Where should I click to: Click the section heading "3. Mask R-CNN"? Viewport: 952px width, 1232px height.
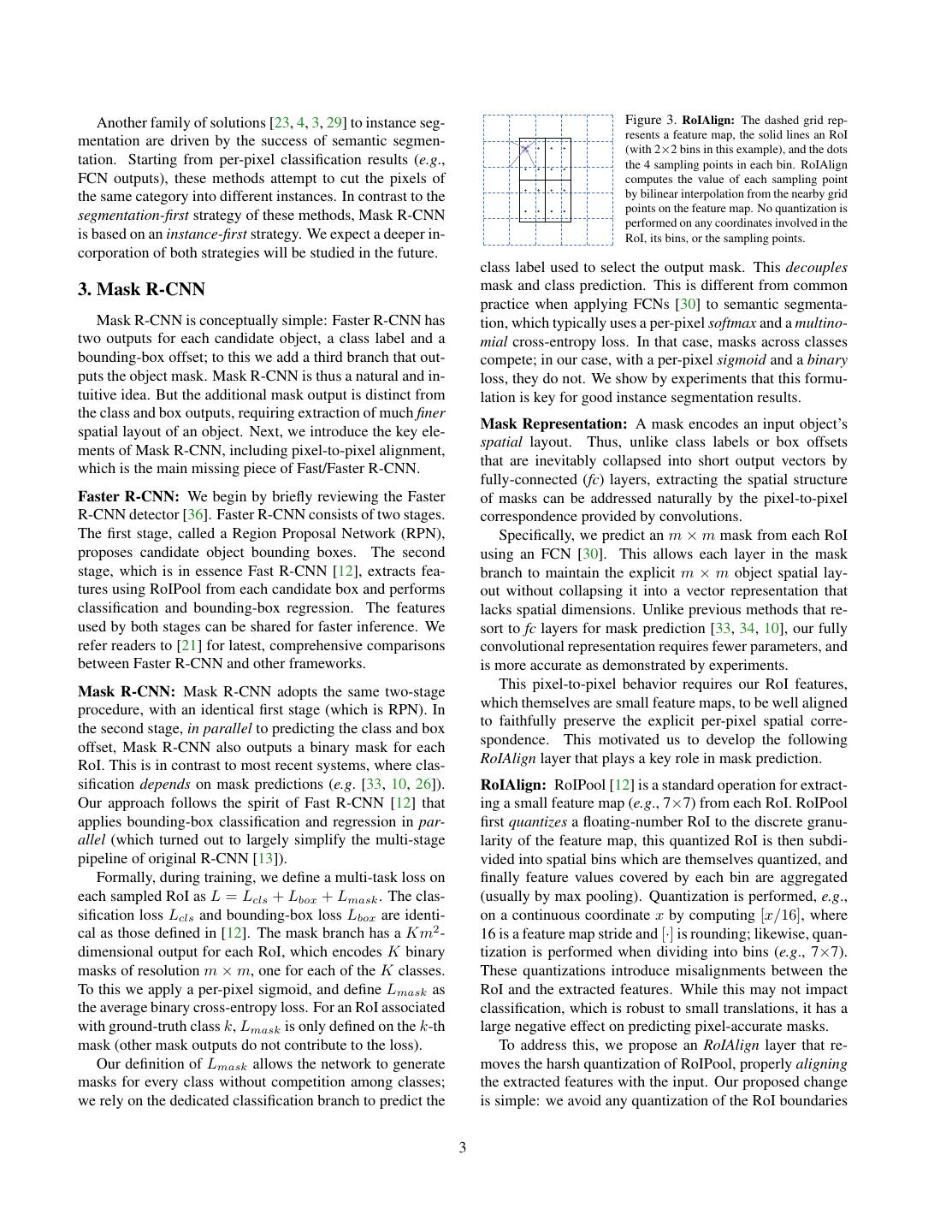pos(141,289)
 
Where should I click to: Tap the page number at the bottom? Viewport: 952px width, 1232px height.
pos(463,1147)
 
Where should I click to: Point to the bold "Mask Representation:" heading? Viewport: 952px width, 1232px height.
pos(553,423)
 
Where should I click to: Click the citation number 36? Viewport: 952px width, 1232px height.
pos(239,515)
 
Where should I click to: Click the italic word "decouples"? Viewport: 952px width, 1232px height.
pos(816,267)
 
